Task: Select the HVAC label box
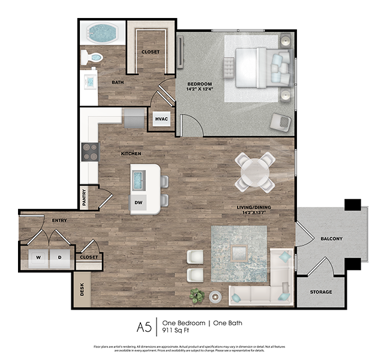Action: coord(161,119)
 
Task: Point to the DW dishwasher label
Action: coord(139,203)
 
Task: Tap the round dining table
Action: coord(255,172)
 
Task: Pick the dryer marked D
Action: coord(59,257)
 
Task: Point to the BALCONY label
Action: coord(331,239)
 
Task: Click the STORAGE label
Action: coord(321,292)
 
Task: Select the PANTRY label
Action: coord(85,197)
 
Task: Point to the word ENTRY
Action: coord(59,221)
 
